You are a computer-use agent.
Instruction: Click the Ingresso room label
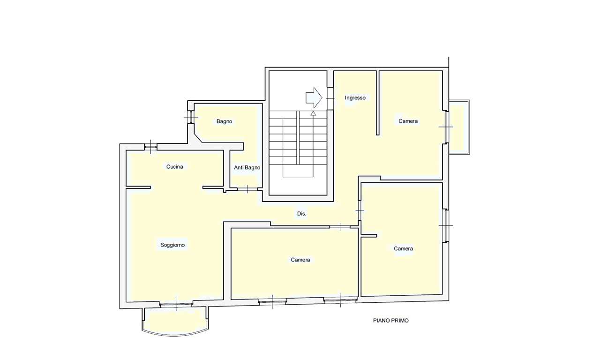pos(355,98)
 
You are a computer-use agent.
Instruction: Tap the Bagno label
pos(224,121)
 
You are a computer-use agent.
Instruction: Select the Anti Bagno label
pos(247,167)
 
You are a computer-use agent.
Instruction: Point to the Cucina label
pos(175,166)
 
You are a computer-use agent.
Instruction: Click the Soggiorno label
pos(172,245)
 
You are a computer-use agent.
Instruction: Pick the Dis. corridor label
pos(301,213)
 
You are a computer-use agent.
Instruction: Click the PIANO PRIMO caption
pos(391,320)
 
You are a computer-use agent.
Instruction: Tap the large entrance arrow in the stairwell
pos(314,98)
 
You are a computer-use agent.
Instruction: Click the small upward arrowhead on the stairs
pos(313,113)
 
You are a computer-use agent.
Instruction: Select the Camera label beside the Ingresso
pos(408,121)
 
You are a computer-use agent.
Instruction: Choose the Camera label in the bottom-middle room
pos(300,260)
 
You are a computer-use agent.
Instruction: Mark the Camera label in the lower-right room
pos(403,248)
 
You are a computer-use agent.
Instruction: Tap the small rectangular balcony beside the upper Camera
pos(459,127)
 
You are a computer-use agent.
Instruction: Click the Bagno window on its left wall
pos(191,117)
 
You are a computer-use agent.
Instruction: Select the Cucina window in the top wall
pos(150,147)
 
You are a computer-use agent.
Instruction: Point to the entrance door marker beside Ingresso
pos(330,98)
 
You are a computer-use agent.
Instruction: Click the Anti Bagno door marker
pos(247,189)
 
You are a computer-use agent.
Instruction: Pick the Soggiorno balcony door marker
pos(176,304)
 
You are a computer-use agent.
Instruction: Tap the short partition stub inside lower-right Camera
pos(369,236)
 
